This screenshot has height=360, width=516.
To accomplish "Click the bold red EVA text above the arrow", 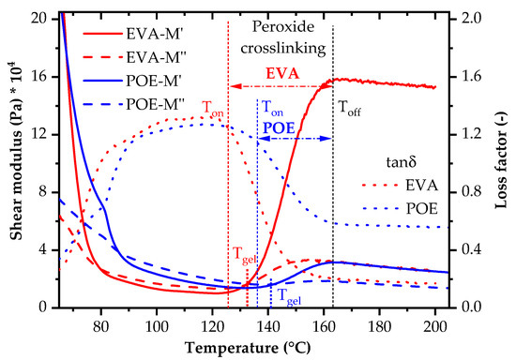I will (281, 73).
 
